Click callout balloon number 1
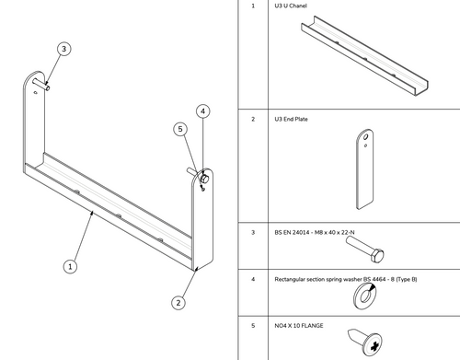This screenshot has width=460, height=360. [x=69, y=266]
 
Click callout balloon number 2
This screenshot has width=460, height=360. [x=178, y=301]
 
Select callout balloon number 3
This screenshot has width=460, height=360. [x=63, y=48]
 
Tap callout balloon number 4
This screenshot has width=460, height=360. [x=203, y=110]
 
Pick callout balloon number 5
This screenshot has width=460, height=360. [x=181, y=130]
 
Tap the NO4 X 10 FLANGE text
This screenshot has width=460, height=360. [x=303, y=323]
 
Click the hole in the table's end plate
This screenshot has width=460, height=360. [x=365, y=141]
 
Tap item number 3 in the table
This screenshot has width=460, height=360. [x=252, y=232]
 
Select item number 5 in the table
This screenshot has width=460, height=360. [x=252, y=323]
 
